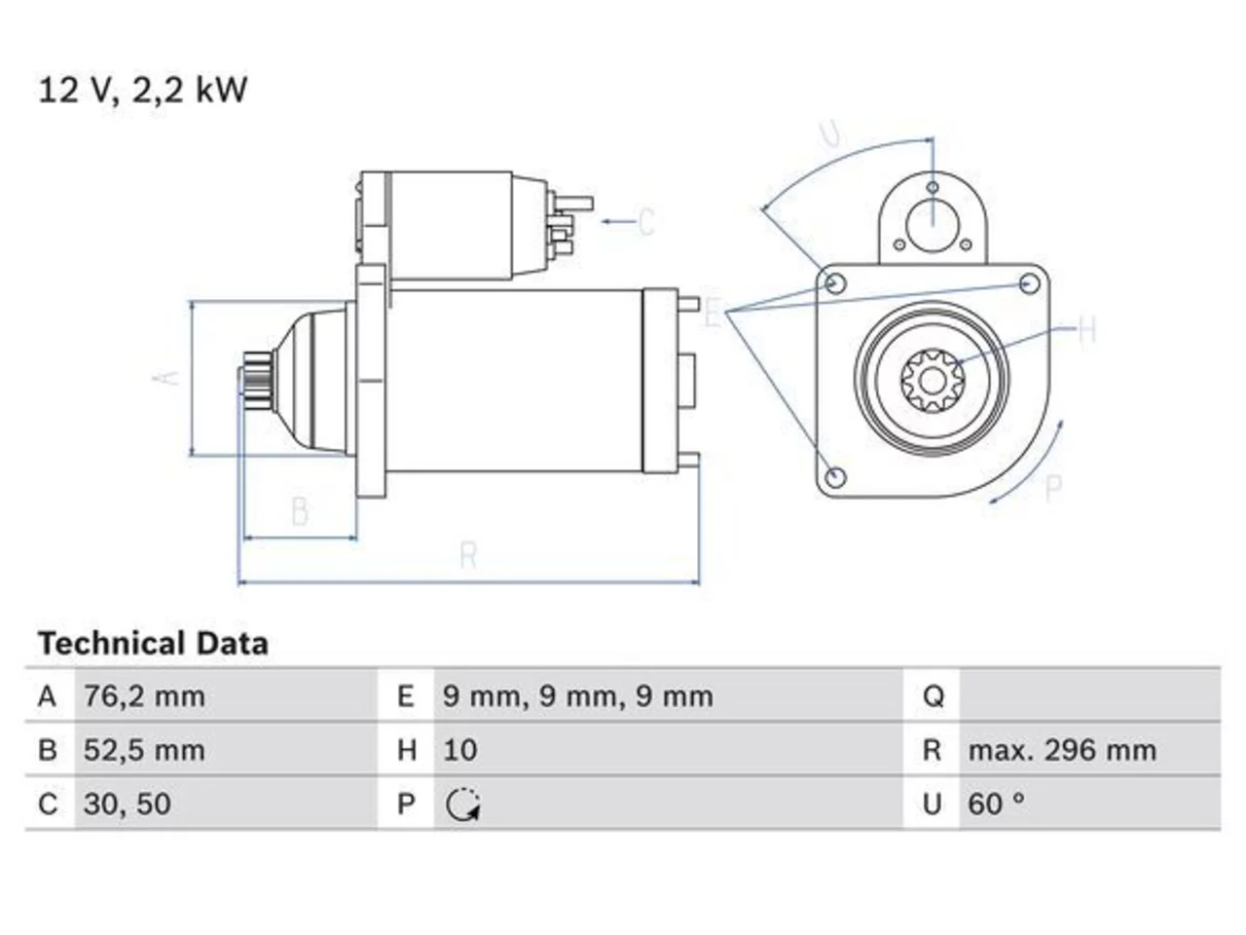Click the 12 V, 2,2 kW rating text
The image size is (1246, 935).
(x=142, y=90)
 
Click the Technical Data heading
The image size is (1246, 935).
(x=153, y=644)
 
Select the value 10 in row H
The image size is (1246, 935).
(x=459, y=751)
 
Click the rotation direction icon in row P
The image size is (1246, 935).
(x=462, y=805)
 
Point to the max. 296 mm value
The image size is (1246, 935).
(x=1062, y=751)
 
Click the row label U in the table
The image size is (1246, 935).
(x=933, y=804)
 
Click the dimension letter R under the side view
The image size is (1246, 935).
(x=468, y=554)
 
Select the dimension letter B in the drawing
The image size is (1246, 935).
(x=300, y=511)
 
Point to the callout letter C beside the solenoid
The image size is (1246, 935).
(x=646, y=221)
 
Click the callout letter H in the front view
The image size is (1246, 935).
(x=1086, y=330)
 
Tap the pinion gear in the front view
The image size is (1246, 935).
(x=933, y=381)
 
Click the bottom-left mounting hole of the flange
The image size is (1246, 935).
(x=835, y=477)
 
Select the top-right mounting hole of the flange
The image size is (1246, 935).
(x=1029, y=283)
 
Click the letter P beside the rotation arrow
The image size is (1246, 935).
(x=1053, y=488)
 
